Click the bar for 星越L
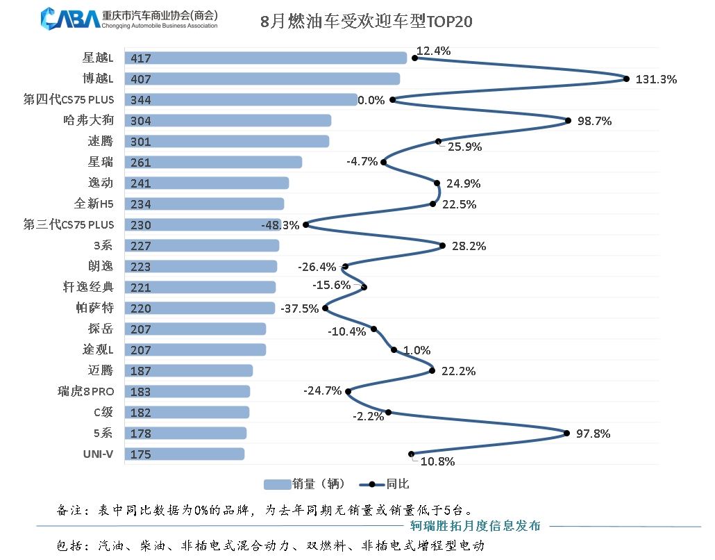[x=265, y=58]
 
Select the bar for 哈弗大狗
[x=228, y=121]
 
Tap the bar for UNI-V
[x=184, y=454]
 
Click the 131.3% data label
[x=656, y=79]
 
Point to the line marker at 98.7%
[x=569, y=121]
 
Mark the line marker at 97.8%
[x=567, y=434]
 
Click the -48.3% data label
[x=280, y=225]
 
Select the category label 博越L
[x=98, y=79]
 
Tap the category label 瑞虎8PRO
[x=85, y=391]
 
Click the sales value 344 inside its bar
[x=140, y=100]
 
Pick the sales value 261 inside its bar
[x=140, y=163]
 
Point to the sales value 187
[x=140, y=371]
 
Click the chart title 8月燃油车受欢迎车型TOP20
[x=366, y=22]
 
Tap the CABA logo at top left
[x=70, y=19]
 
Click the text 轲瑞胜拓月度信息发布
[x=475, y=526]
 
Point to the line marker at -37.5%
[x=325, y=308]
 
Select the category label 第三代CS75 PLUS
[x=69, y=224]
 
